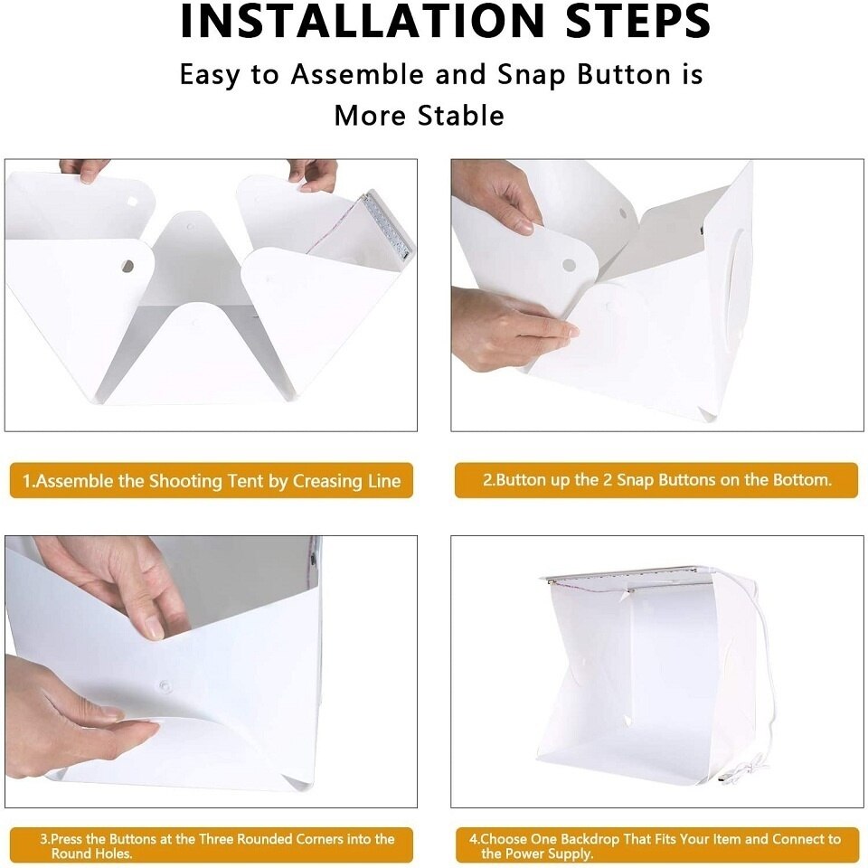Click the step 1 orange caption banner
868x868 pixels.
coord(211,481)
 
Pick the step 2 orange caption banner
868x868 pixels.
coord(656,480)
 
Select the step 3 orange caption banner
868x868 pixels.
coord(211,845)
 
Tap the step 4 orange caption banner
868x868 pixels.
coord(656,845)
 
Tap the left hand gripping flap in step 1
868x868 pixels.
coord(84,169)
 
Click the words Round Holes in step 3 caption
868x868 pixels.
coord(90,854)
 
